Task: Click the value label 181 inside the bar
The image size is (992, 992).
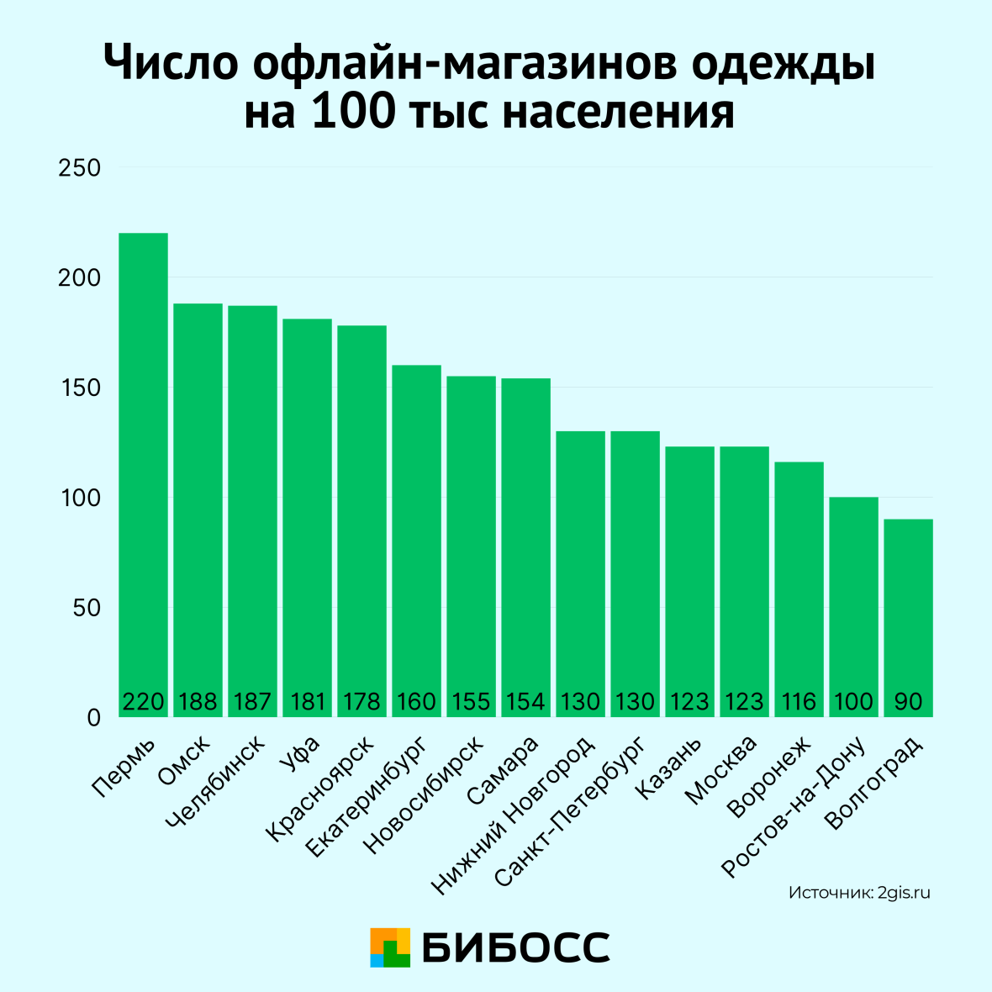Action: point(308,702)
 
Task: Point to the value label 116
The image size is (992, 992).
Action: point(799,702)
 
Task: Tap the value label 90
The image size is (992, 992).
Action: point(909,702)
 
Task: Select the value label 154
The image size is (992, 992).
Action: point(525,702)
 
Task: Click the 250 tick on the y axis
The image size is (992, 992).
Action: point(80,168)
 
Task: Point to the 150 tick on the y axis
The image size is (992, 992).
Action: point(80,388)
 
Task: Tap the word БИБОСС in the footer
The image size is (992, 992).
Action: point(515,947)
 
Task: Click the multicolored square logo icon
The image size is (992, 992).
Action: point(390,947)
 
